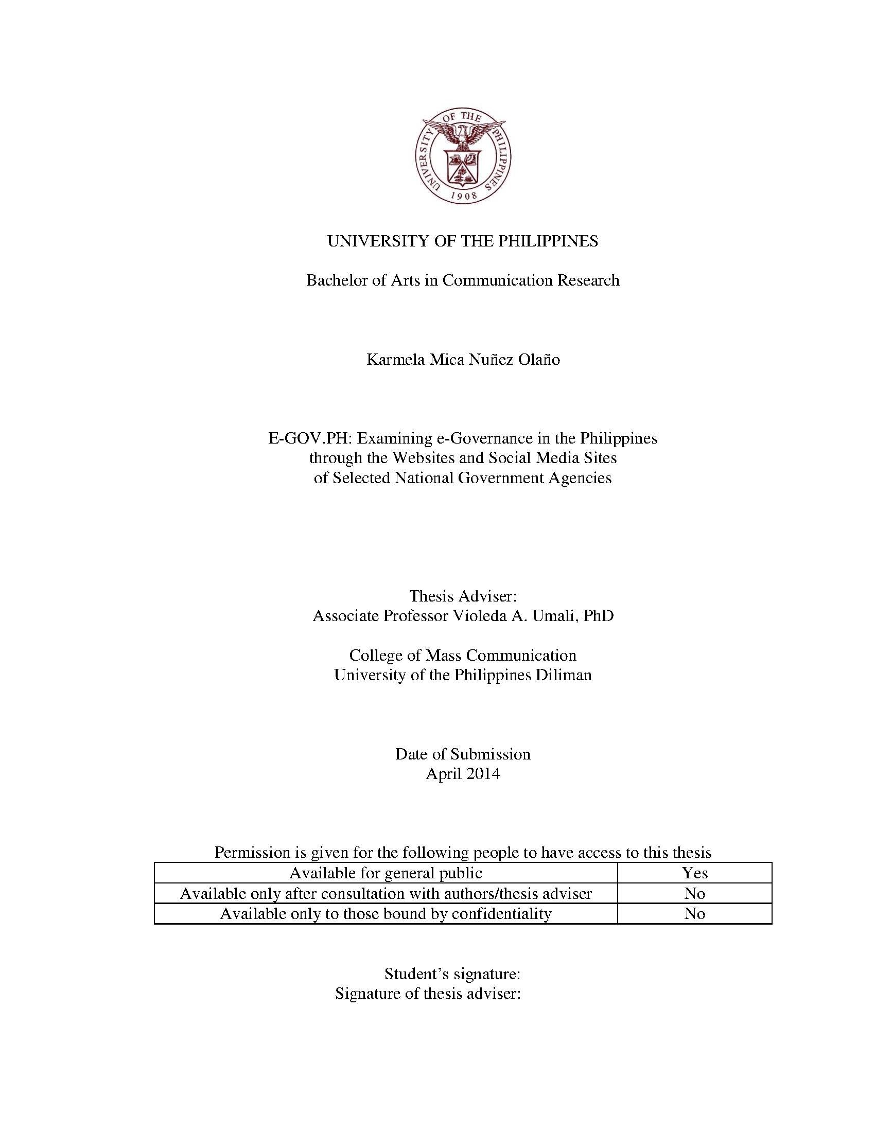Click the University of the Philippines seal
(x=463, y=155)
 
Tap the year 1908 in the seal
(x=463, y=196)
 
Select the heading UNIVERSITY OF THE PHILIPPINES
(x=462, y=241)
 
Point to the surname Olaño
(x=538, y=360)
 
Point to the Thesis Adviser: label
(x=463, y=596)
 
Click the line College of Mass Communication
(x=462, y=655)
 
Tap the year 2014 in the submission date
(x=483, y=774)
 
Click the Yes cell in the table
(x=695, y=873)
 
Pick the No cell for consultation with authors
(x=695, y=894)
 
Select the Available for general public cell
(x=386, y=873)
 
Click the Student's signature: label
(x=452, y=974)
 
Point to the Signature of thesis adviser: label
(x=428, y=994)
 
